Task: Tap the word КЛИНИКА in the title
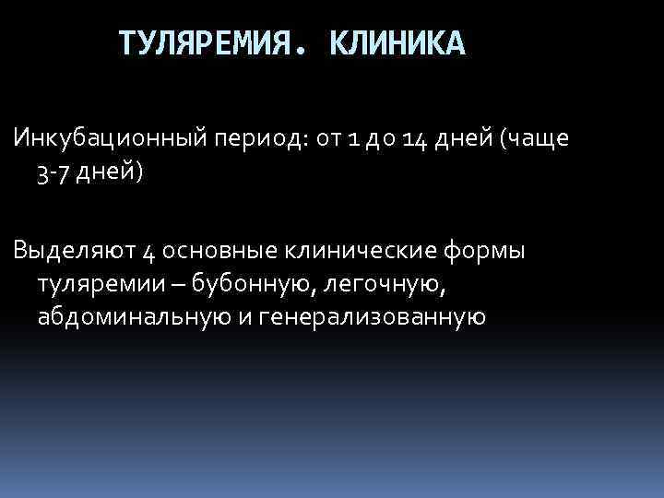tap(397, 43)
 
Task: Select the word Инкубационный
tap(109, 140)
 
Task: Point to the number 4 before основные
tap(149, 251)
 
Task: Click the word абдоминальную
tap(132, 317)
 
